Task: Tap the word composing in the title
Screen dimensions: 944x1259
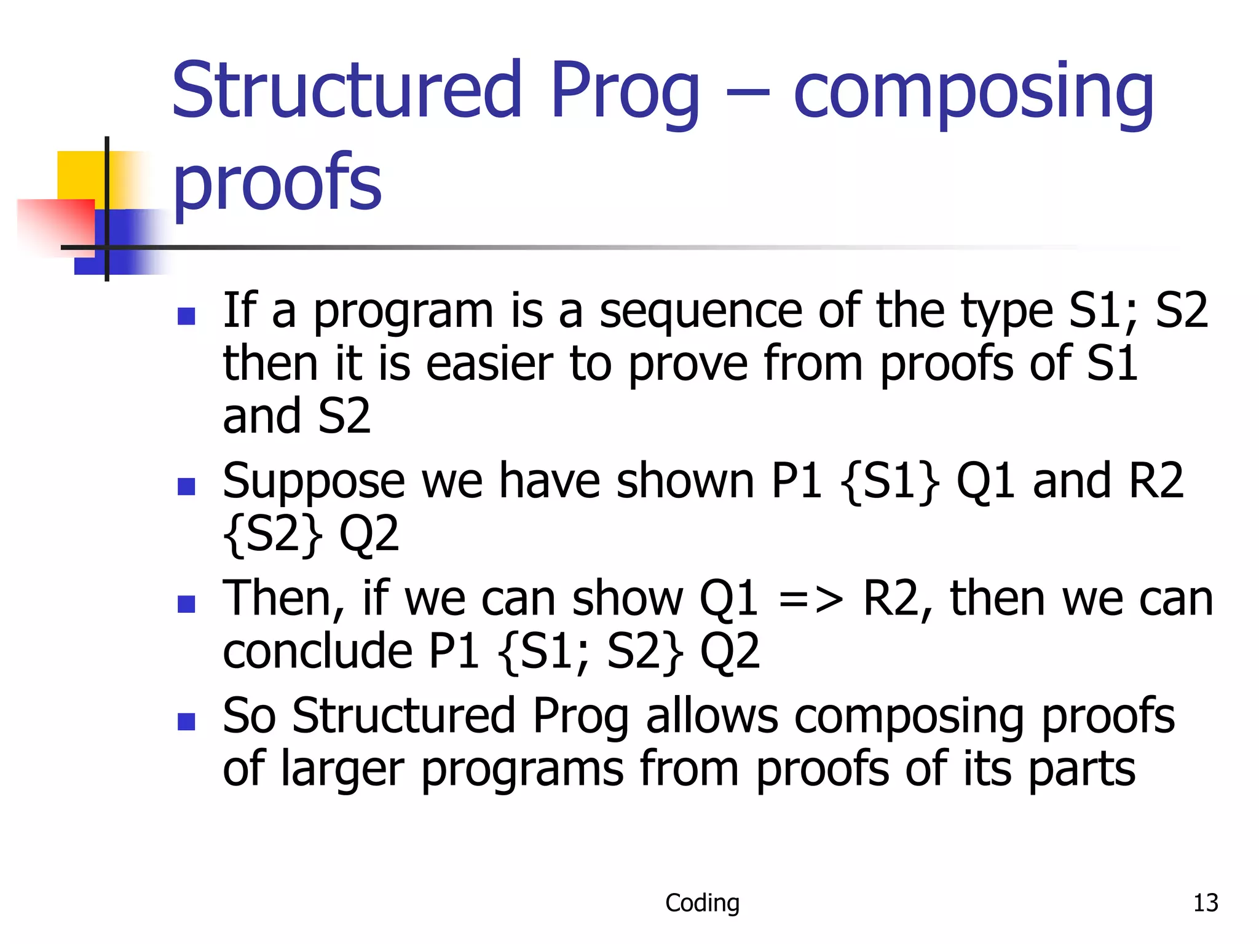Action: point(973,92)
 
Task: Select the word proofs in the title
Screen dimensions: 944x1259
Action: point(277,183)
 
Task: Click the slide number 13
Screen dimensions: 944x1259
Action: point(1205,903)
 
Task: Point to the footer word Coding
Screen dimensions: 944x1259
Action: point(702,903)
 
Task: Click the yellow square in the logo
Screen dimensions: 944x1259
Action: point(80,174)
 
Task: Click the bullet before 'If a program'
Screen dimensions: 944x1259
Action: point(186,316)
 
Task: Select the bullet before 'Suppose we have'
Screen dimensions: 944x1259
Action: point(186,486)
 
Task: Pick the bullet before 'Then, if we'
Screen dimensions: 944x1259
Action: point(186,604)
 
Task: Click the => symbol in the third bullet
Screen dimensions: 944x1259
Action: point(810,599)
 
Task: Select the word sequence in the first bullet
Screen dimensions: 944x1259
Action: point(700,312)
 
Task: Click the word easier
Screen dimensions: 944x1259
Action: point(489,364)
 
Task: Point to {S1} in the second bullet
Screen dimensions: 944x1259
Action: point(889,481)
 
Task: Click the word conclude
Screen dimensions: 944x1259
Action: point(317,651)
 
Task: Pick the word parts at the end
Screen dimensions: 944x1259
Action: point(1081,769)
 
